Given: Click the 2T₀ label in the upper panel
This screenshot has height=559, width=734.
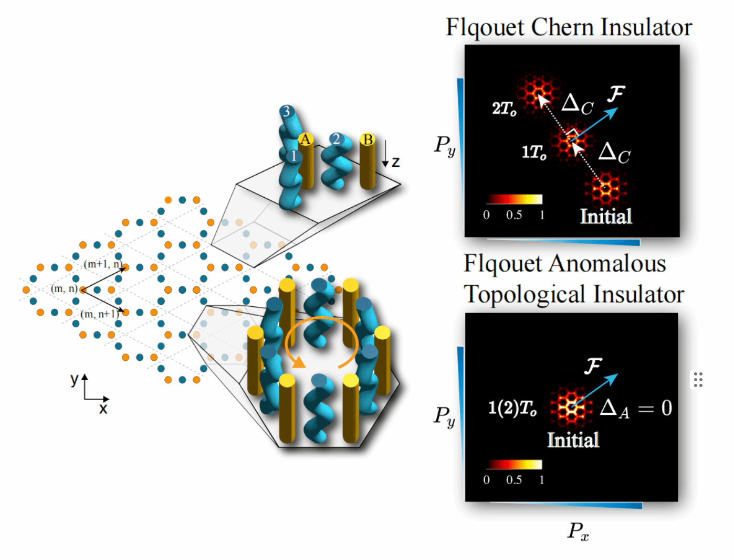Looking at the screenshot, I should (504, 109).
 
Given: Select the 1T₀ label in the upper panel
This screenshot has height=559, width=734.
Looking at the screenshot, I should (534, 152).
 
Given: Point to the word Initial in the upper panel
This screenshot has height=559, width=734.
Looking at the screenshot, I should (605, 216).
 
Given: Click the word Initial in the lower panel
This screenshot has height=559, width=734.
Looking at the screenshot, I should (573, 440).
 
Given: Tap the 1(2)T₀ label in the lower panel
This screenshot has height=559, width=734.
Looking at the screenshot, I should (512, 408).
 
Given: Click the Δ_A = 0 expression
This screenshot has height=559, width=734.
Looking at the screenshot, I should (636, 408).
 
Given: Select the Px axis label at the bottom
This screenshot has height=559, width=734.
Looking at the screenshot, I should (578, 531).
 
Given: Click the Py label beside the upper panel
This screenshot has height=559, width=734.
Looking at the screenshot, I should (445, 145).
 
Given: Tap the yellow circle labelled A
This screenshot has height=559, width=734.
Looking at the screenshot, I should (306, 139).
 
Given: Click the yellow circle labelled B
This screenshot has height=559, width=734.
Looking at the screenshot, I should (368, 139).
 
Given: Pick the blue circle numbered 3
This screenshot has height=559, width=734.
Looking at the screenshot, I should (286, 111).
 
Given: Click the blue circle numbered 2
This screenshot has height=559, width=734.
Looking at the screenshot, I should (336, 139).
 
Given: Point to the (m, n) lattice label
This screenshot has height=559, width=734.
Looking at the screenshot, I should (64, 288).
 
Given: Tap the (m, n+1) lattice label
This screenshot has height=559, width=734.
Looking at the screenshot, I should (100, 314).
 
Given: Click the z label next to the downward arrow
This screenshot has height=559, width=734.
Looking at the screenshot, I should (395, 162).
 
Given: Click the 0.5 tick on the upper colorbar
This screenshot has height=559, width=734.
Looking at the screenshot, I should (514, 215).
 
